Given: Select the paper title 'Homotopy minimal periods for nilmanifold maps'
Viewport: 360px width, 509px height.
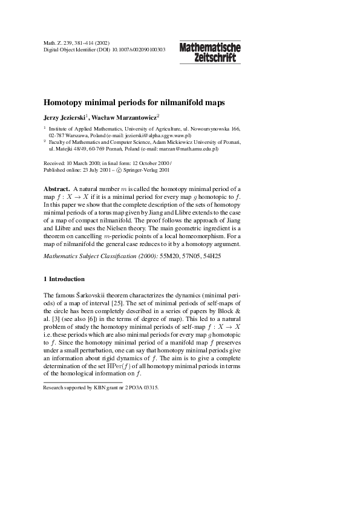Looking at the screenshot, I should click(134, 103).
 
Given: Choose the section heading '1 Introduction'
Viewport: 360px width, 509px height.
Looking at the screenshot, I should click(64, 279).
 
